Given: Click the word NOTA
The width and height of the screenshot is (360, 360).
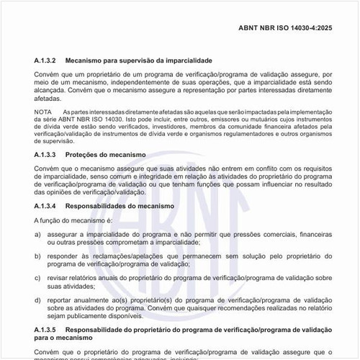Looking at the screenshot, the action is point(42,112).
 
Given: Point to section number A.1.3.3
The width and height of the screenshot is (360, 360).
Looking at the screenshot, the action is point(48,155).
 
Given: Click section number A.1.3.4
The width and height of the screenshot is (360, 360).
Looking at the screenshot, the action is point(48,205).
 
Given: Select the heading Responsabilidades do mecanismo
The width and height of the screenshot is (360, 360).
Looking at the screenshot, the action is point(120,205).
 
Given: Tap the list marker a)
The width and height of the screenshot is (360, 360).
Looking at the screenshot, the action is point(37,235).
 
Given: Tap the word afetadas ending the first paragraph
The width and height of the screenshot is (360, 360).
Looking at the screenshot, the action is point(48,99).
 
